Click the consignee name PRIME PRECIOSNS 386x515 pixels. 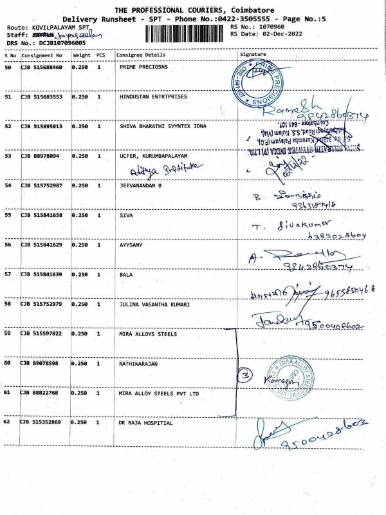click(x=143, y=68)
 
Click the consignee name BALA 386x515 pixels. click(x=126, y=275)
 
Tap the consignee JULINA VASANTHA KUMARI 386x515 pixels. click(x=154, y=304)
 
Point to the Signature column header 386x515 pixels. click(x=252, y=55)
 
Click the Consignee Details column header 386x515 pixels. click(x=140, y=55)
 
